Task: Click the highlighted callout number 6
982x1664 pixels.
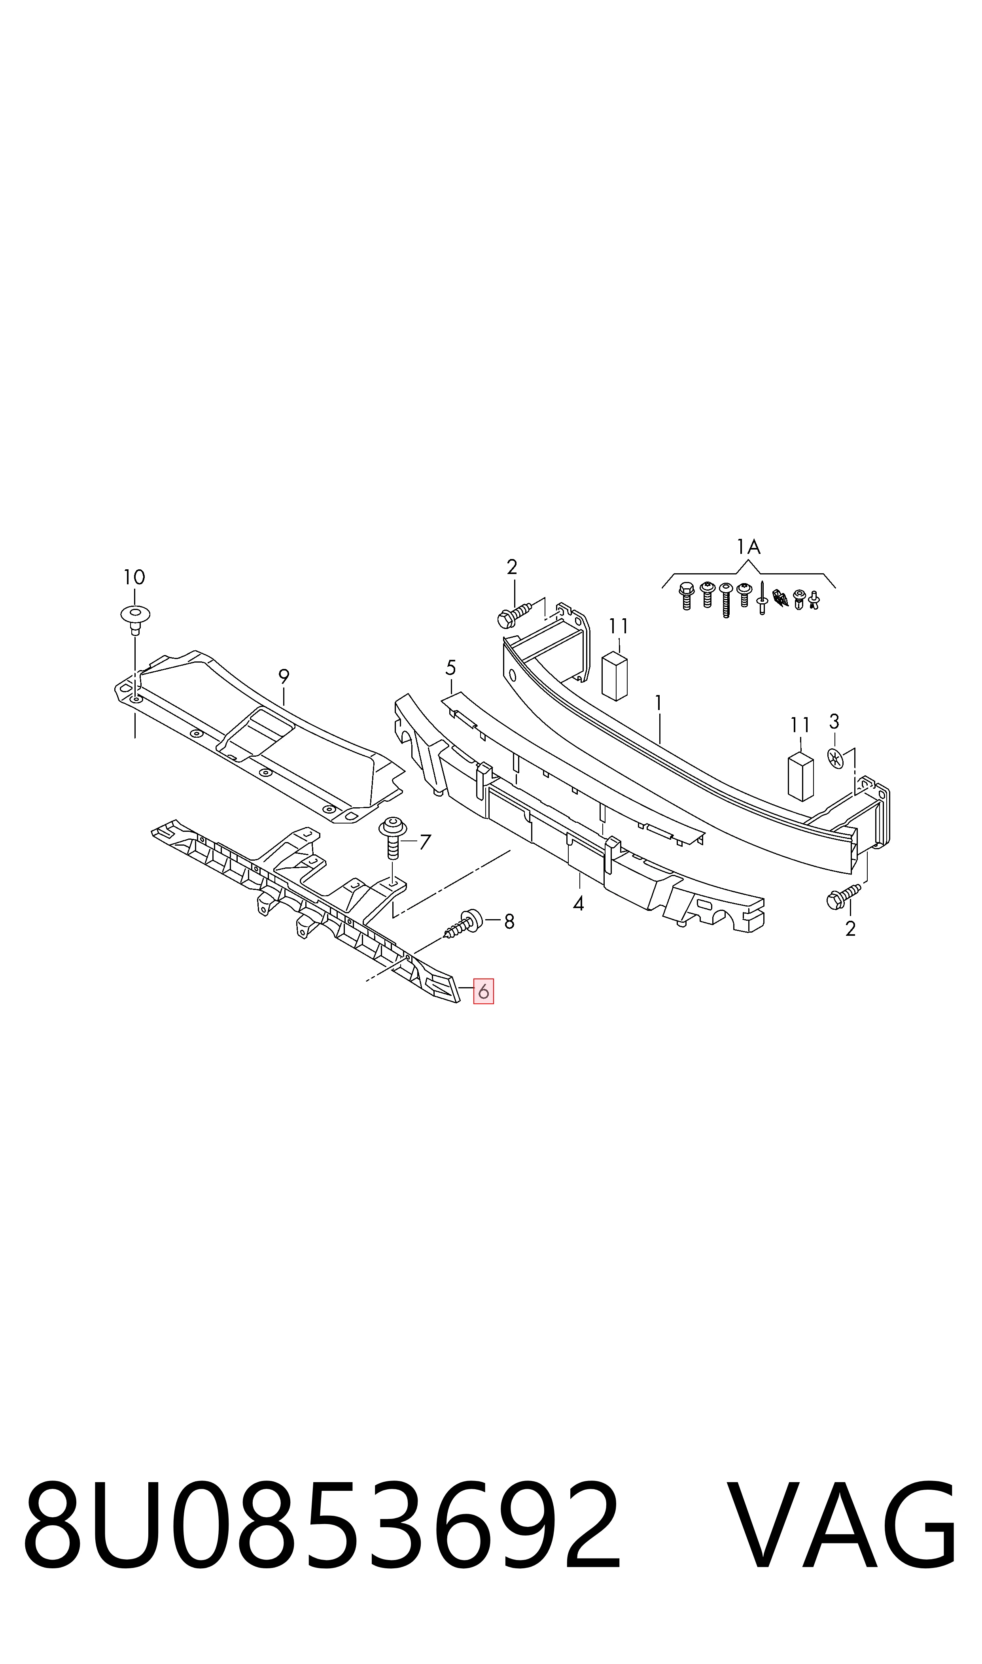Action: [x=483, y=992]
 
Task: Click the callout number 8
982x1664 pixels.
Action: [x=509, y=921]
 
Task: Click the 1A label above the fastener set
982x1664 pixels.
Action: [x=748, y=547]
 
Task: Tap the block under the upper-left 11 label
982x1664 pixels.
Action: [x=614, y=676]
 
